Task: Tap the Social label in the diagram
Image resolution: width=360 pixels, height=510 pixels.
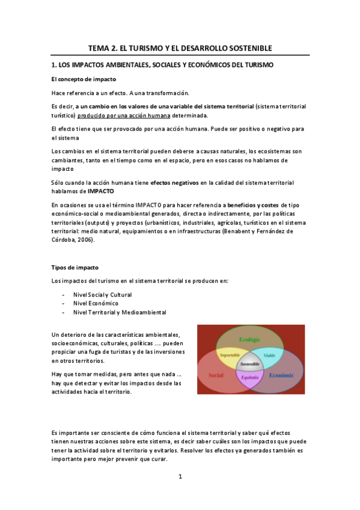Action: tap(216, 375)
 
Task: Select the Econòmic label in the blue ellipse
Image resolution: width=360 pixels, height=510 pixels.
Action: tap(281, 375)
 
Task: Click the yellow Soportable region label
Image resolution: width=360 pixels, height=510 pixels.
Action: tap(230, 355)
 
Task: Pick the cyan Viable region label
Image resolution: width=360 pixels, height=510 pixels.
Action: tap(269, 356)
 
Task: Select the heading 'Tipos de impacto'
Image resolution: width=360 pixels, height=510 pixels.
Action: tap(75, 266)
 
